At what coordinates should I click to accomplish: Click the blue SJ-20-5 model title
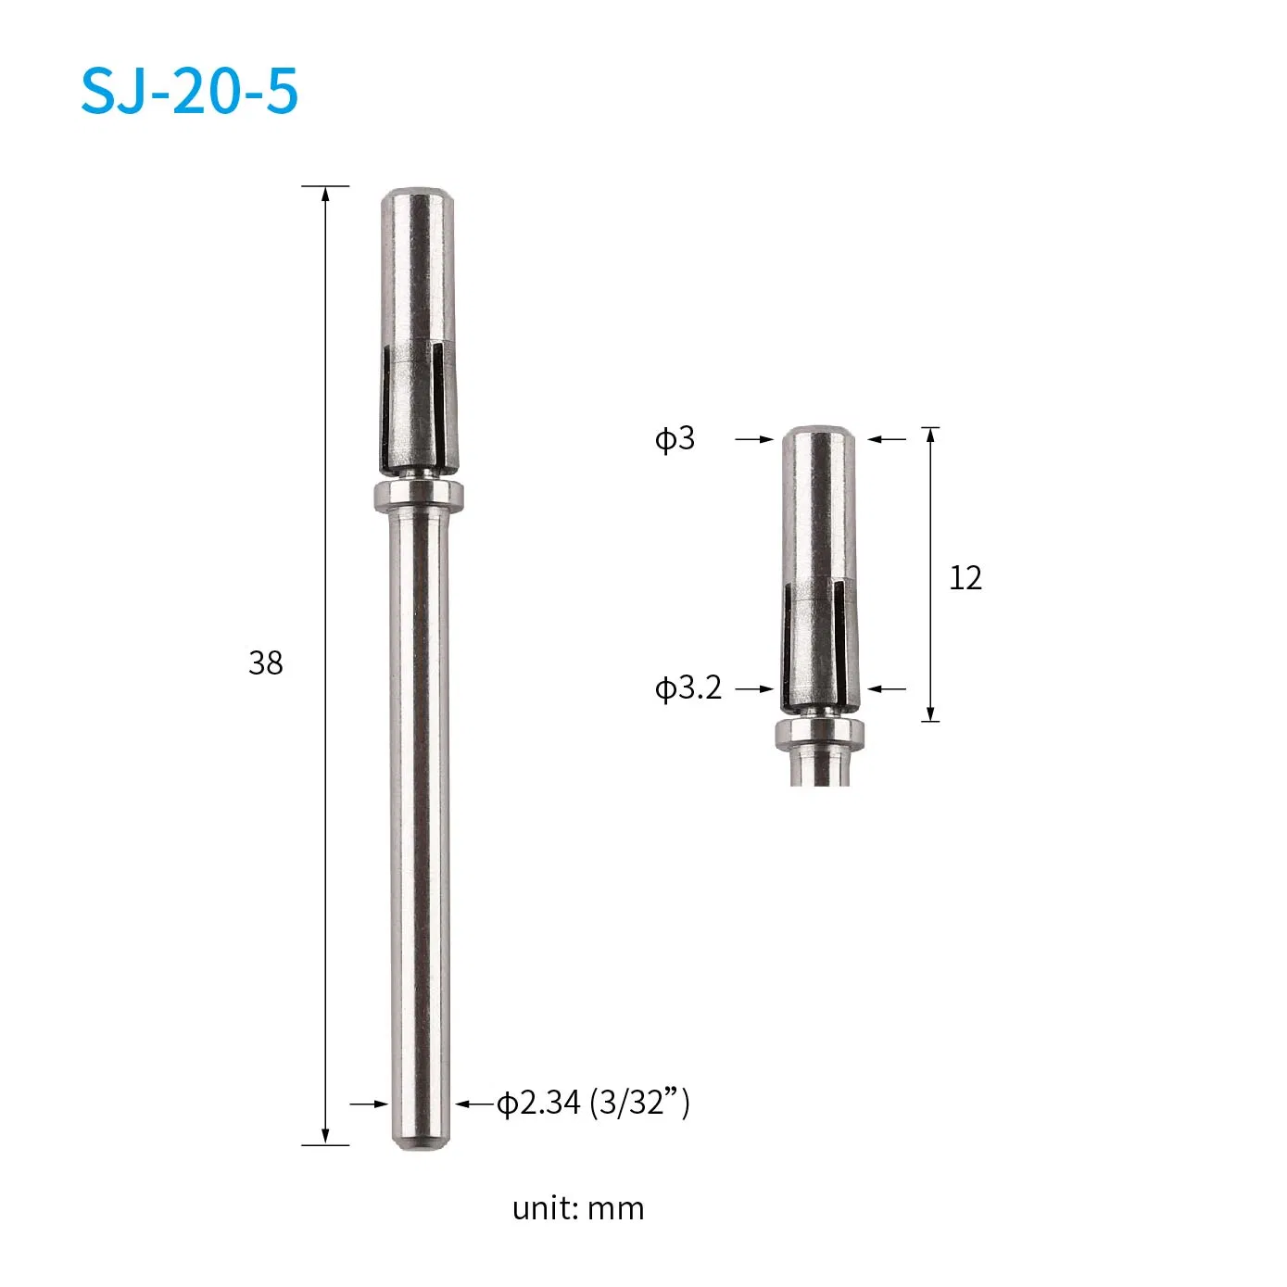(x=190, y=91)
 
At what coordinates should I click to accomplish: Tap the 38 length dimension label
(x=265, y=662)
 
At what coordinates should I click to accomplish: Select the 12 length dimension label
(x=965, y=578)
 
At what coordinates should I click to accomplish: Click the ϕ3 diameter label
(x=675, y=438)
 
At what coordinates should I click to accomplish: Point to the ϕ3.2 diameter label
(x=688, y=688)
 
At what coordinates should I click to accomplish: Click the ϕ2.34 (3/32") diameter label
(x=593, y=1103)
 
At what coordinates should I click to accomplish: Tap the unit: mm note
(x=577, y=1208)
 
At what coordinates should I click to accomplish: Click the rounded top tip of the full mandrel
(x=417, y=196)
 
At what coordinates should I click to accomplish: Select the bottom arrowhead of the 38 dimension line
(x=325, y=1137)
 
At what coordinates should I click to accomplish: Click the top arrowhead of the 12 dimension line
(x=931, y=435)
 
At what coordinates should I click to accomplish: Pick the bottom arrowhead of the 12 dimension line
(x=931, y=713)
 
